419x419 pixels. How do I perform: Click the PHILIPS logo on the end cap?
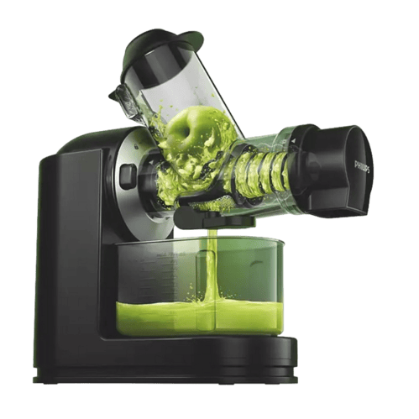pyautogui.click(x=363, y=166)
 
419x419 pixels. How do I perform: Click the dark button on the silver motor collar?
pyautogui.click(x=127, y=176)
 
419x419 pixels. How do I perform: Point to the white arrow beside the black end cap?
pyautogui.click(x=293, y=141)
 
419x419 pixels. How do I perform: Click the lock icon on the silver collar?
pyautogui.click(x=136, y=146)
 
